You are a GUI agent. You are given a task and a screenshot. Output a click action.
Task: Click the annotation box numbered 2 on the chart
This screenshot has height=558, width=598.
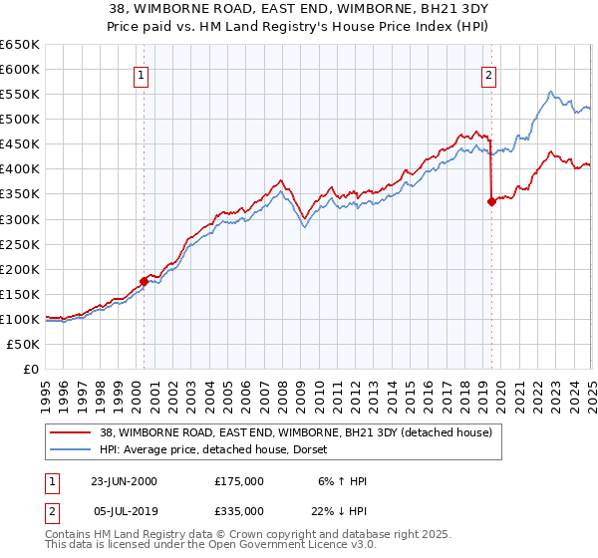(x=489, y=75)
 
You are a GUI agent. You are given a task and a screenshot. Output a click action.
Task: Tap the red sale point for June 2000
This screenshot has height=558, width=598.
(x=145, y=281)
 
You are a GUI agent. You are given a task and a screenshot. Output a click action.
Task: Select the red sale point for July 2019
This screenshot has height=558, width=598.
(x=491, y=201)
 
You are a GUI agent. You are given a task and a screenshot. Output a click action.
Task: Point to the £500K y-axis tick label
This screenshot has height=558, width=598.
(x=21, y=120)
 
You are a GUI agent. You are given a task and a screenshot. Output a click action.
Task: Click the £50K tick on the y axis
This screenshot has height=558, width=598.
(x=25, y=344)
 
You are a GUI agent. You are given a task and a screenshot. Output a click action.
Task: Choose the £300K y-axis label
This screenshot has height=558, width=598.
(x=21, y=219)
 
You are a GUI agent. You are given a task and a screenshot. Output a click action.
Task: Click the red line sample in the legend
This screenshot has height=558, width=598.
(x=71, y=433)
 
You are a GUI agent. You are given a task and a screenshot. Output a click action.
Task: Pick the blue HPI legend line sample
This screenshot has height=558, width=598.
(x=71, y=449)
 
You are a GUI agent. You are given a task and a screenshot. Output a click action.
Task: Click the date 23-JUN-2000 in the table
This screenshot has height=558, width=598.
(x=124, y=480)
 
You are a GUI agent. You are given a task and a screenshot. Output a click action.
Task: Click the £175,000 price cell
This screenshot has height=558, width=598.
(x=239, y=480)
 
